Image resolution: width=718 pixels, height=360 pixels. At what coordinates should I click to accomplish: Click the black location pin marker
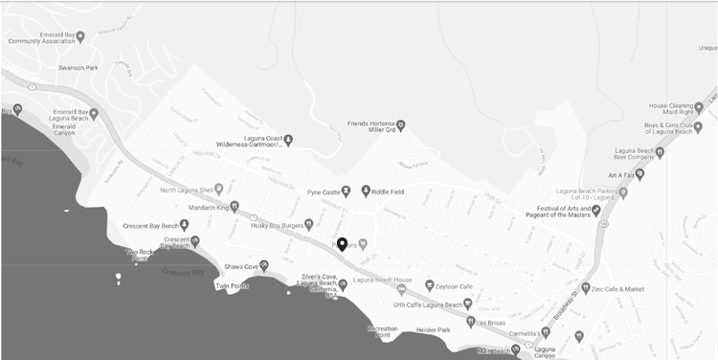pos(342,243)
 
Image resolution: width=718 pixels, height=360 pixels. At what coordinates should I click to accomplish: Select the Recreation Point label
pos(382,332)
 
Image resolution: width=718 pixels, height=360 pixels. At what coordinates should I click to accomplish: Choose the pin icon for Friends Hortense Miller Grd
pos(401,124)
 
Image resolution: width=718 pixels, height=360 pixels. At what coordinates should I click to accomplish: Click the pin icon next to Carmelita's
pos(546,331)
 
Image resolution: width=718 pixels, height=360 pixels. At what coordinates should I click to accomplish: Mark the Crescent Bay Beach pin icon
pos(195,240)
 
